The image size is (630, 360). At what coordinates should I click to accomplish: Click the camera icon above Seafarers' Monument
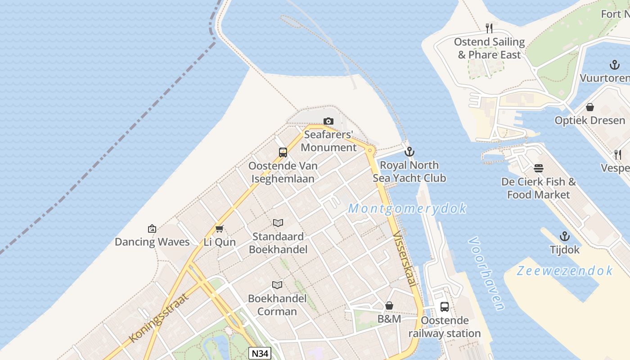(x=328, y=121)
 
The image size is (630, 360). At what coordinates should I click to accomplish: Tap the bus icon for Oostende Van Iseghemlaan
(x=283, y=153)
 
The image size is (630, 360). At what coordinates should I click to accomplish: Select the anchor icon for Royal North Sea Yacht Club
(x=409, y=152)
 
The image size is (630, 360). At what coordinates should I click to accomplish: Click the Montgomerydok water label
(x=407, y=209)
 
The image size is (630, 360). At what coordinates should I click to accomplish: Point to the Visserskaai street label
(x=404, y=259)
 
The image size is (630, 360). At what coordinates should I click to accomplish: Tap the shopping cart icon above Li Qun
(x=219, y=229)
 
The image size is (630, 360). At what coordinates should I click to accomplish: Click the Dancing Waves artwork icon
(x=152, y=229)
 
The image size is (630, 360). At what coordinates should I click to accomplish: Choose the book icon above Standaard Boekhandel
(x=278, y=223)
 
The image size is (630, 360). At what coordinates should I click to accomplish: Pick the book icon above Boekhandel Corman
(x=277, y=285)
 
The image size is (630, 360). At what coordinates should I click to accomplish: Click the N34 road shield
(x=260, y=354)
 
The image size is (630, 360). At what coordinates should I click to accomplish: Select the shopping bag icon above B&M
(x=389, y=306)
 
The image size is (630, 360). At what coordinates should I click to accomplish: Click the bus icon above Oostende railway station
(x=444, y=307)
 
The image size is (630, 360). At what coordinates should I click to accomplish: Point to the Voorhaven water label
(x=486, y=273)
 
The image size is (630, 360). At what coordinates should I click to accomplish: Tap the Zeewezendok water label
(x=564, y=271)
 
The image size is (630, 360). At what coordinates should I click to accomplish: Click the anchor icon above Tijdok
(x=564, y=236)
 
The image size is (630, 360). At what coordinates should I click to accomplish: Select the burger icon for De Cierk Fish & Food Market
(x=539, y=169)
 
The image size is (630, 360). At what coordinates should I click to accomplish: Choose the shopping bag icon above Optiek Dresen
(x=589, y=107)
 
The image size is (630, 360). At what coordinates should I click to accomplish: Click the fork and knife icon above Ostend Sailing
(x=489, y=28)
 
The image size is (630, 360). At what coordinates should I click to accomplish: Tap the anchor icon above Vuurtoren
(x=614, y=65)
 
